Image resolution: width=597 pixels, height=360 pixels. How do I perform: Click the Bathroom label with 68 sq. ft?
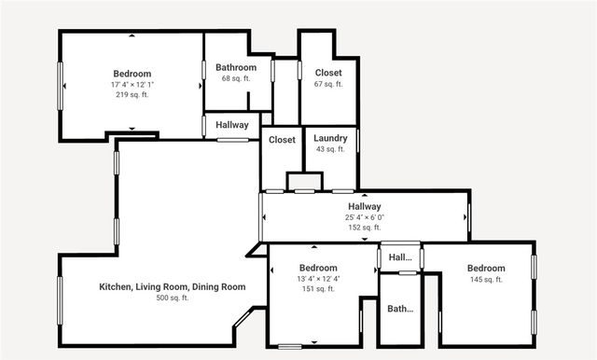[x=236, y=67]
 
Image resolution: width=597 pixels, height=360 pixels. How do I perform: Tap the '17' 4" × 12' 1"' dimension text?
[x=132, y=85]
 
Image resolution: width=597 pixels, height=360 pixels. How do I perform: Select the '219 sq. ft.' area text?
[x=132, y=95]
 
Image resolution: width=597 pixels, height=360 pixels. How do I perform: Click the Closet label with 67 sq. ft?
[x=327, y=73]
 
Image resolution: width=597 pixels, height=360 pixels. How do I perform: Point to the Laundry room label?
[x=330, y=139]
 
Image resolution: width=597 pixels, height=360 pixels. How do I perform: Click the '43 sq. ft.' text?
[x=330, y=149]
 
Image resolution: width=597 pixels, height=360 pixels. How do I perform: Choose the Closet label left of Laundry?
[x=282, y=140]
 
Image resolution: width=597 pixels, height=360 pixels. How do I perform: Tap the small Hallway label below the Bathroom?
[x=232, y=125]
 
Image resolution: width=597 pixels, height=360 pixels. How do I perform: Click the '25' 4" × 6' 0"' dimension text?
[x=365, y=217]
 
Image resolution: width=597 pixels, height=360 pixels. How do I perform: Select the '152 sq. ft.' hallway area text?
[x=365, y=228]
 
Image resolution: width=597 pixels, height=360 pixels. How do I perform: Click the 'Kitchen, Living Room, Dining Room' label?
[x=173, y=286]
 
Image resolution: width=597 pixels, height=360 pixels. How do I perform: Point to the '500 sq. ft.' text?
[x=173, y=298]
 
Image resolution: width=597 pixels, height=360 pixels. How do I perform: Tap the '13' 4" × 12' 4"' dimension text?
[x=318, y=279]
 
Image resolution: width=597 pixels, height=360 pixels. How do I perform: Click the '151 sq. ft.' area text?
[x=318, y=289]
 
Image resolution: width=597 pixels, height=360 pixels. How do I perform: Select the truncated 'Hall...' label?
[x=400, y=257]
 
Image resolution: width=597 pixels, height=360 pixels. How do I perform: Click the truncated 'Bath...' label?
[x=400, y=309]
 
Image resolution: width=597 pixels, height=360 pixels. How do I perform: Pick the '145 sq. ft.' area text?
[x=486, y=279]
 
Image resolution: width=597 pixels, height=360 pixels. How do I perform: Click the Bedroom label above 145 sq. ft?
[x=486, y=268]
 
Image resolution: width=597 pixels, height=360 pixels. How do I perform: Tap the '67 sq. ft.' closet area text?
[x=327, y=84]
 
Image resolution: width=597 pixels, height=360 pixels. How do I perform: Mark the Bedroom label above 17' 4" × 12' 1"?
[x=132, y=74]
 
